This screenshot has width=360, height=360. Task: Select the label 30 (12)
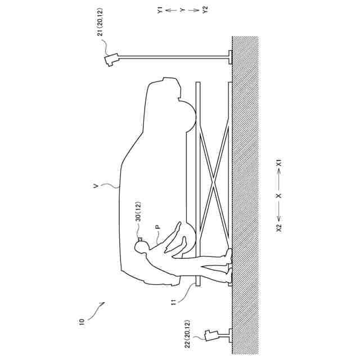click(x=139, y=211)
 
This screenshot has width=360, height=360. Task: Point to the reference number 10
click(x=82, y=321)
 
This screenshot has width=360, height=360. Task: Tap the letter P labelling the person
click(x=157, y=227)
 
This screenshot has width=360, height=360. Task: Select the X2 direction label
click(x=279, y=228)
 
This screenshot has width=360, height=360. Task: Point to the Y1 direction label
click(x=160, y=10)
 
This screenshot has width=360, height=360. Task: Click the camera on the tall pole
click(x=111, y=60)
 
